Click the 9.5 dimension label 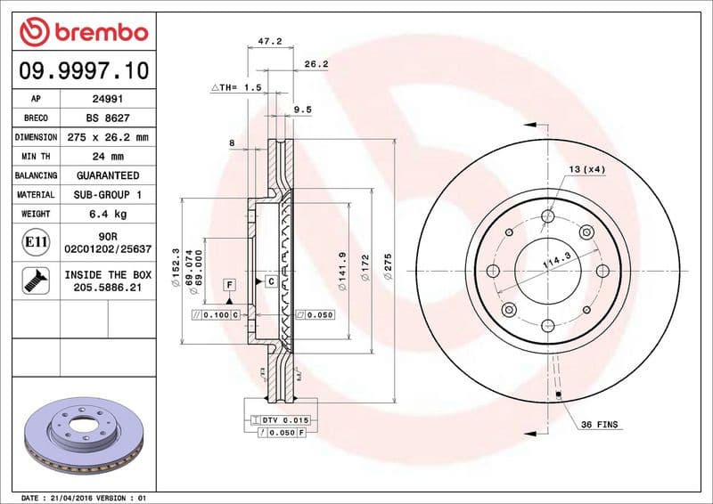click(x=302, y=110)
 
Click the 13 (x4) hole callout click(x=586, y=169)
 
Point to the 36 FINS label click(x=599, y=425)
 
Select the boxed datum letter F click(x=229, y=284)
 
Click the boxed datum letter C click(x=270, y=281)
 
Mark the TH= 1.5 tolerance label click(x=236, y=88)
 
